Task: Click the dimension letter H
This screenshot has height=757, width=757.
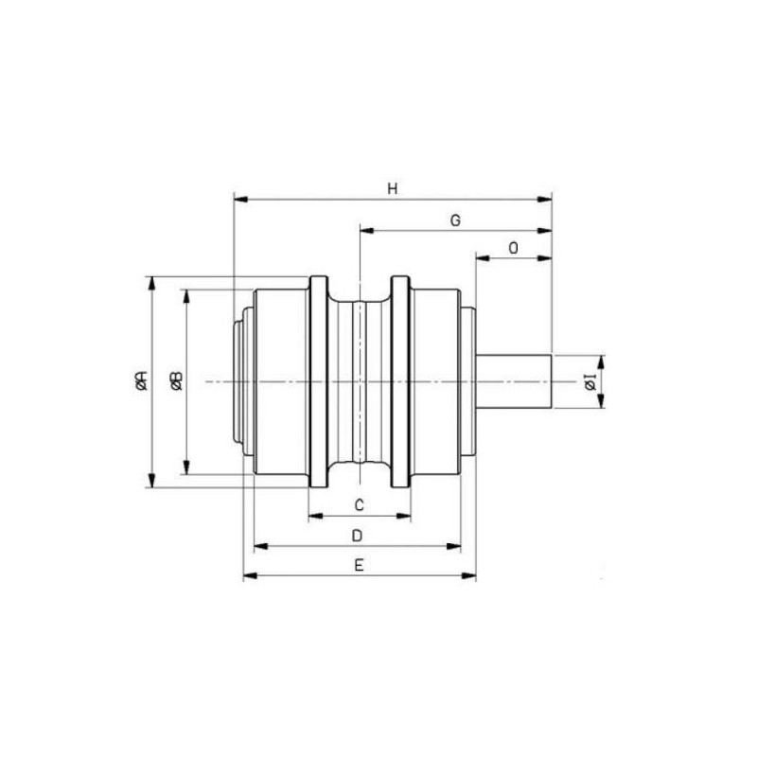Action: coord(393,188)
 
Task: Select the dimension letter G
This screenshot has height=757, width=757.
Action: coord(455,220)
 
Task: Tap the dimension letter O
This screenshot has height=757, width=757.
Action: coord(513,248)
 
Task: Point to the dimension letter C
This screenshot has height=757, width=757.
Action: coord(360,505)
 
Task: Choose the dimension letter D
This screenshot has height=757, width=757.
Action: coord(358,536)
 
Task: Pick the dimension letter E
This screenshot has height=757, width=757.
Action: coord(359,565)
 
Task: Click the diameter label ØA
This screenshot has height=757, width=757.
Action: coord(141,380)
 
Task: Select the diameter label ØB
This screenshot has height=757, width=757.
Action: coord(176,381)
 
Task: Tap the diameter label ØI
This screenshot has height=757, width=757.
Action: coord(590,381)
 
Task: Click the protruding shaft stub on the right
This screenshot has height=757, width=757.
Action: coord(514,382)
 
